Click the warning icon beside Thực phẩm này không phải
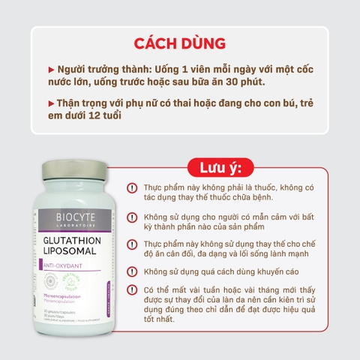pyautogui.click(x=132, y=187)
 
